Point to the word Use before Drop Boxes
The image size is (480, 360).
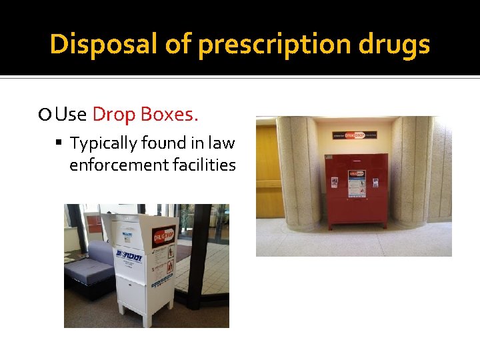pos(71,115)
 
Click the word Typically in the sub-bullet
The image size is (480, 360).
pos(108,143)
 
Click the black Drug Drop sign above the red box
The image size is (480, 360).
pos(354,135)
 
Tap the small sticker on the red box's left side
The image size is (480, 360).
pos(334,181)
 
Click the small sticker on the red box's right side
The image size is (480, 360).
pos(376,182)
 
